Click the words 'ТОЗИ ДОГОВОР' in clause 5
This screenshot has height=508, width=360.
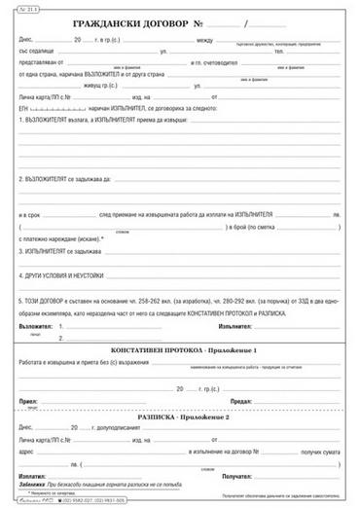point(53,301)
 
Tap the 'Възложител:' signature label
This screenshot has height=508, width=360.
point(36,327)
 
